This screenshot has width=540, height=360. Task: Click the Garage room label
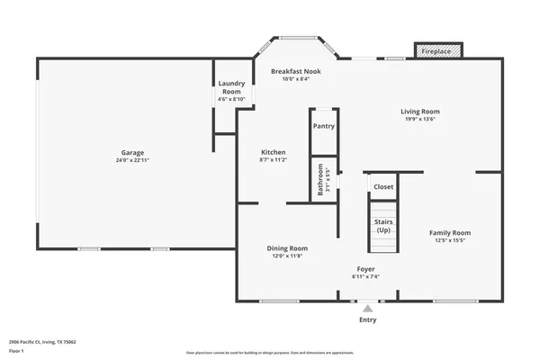(133, 152)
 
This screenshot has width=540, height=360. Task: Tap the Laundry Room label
(231, 87)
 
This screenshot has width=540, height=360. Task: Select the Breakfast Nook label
(296, 70)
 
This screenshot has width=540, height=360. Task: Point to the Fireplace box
(437, 51)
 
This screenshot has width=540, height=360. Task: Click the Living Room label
(419, 112)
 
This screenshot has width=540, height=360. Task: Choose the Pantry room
(324, 126)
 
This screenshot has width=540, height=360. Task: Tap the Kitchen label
(274, 152)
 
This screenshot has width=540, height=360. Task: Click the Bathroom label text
(319, 180)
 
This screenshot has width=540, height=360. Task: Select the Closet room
(383, 187)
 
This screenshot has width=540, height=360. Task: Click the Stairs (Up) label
(383, 227)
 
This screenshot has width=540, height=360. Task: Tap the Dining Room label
(287, 247)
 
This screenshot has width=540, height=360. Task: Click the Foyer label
(365, 269)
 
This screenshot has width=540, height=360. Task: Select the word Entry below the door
(368, 319)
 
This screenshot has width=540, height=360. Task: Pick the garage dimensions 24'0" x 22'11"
(133, 160)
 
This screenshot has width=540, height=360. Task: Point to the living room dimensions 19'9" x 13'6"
(419, 120)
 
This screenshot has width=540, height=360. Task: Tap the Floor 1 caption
(17, 351)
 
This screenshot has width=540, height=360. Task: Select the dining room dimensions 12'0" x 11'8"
(287, 256)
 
